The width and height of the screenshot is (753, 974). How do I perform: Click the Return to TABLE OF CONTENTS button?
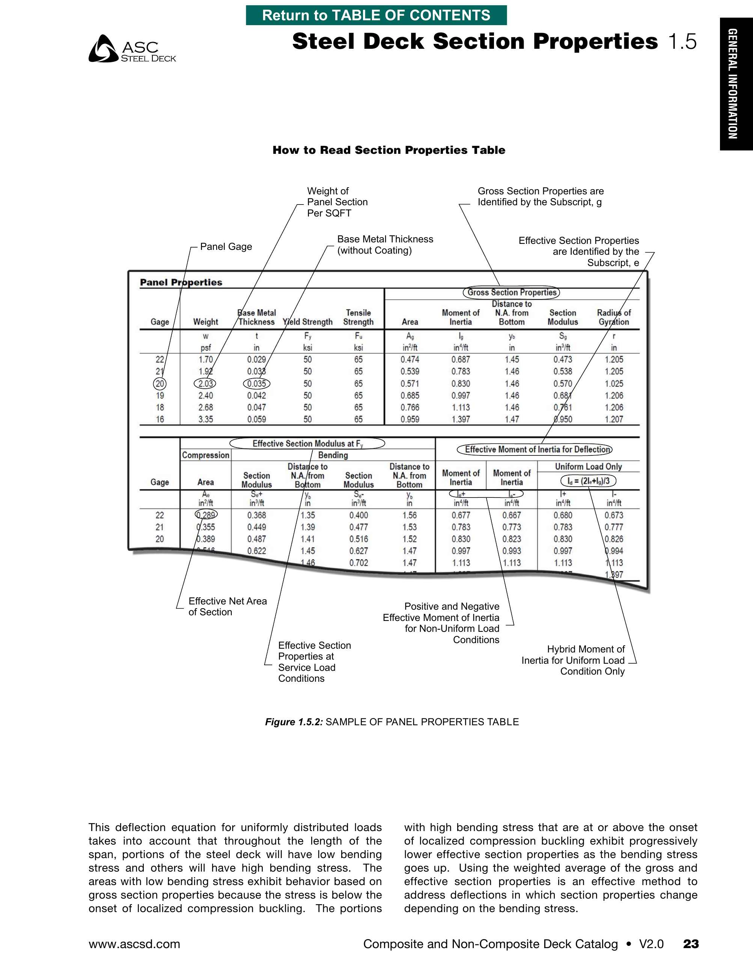click(376, 15)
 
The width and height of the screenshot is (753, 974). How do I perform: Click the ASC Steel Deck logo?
click(132, 49)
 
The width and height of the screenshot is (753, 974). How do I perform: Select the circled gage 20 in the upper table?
click(160, 383)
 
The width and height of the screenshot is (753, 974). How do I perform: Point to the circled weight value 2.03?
click(205, 383)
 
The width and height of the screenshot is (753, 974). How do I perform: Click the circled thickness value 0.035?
click(256, 383)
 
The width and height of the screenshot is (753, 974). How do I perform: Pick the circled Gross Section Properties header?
click(511, 293)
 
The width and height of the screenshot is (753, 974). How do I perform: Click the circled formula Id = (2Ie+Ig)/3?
click(588, 481)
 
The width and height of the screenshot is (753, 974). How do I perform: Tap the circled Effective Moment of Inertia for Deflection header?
click(535, 449)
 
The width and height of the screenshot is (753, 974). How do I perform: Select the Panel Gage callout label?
click(226, 247)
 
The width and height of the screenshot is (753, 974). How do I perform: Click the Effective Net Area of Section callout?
click(227, 607)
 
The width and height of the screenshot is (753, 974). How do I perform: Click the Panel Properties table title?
click(181, 282)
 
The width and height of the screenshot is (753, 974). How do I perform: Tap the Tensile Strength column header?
click(358, 317)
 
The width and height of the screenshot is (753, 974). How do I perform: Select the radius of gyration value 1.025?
click(614, 383)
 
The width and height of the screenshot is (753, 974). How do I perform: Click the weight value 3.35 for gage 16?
click(206, 419)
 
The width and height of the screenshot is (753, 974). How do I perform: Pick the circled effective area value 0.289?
click(206, 515)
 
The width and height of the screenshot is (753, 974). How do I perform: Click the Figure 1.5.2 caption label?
click(294, 722)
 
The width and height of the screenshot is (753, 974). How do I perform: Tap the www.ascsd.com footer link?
click(134, 944)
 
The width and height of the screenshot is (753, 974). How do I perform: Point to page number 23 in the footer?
click(691, 944)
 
